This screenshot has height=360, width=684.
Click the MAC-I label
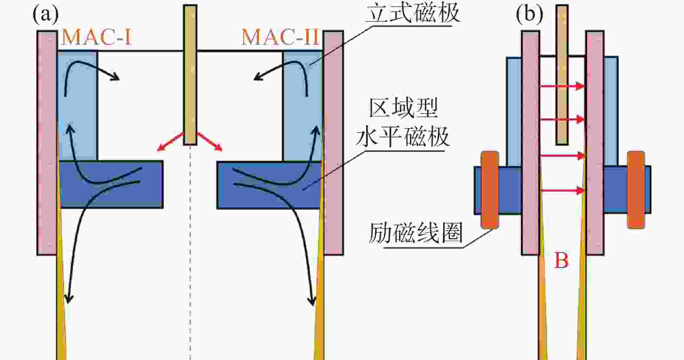coord(96,37)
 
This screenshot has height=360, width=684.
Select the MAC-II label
coord(280,37)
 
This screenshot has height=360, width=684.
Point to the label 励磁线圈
coord(415,233)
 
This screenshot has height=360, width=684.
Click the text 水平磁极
coord(402,137)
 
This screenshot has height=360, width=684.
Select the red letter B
coord(561,261)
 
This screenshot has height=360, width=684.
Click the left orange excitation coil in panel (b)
coord(489,190)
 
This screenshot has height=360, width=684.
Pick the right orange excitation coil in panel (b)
coord(636,190)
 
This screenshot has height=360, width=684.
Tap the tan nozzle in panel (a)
coord(190,74)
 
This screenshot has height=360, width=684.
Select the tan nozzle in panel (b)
coord(562,74)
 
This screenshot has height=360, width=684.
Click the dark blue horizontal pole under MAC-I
coord(111,185)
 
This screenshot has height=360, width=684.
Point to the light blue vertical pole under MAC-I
coord(77,104)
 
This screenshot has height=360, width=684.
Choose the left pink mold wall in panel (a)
coord(46,143)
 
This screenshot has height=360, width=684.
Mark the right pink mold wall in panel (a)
coord(334,143)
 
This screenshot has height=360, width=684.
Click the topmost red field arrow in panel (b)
coord(562,86)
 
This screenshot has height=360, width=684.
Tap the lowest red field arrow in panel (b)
coord(562,190)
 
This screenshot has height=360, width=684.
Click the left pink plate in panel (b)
coord(530,143)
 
